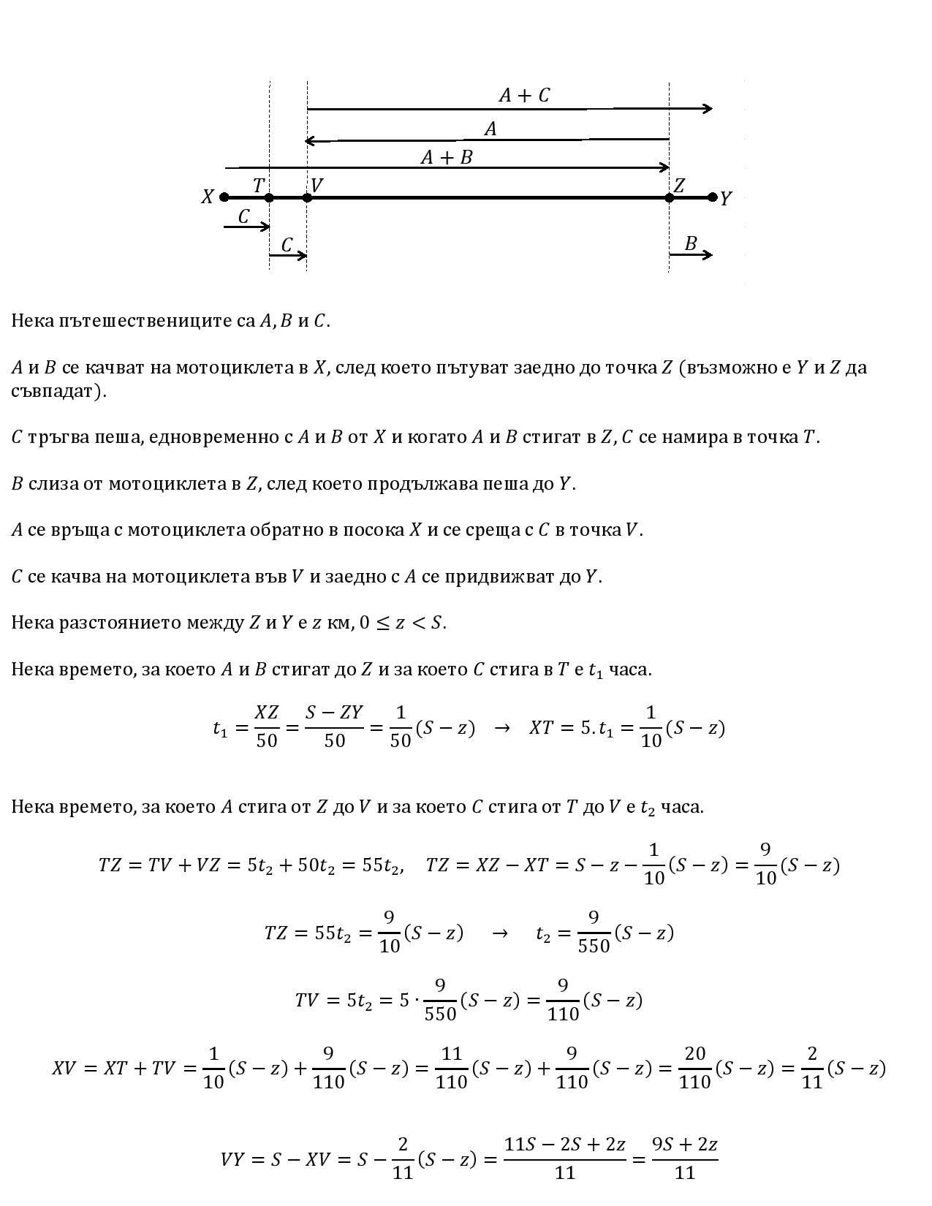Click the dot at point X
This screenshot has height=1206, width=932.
click(x=224, y=197)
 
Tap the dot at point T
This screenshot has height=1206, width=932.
click(x=269, y=197)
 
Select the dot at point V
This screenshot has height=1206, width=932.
click(x=307, y=197)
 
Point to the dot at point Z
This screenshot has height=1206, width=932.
click(x=670, y=197)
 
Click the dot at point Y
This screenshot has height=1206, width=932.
click(x=713, y=197)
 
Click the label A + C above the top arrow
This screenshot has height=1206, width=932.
click(x=524, y=96)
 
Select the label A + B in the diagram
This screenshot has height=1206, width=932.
click(x=447, y=157)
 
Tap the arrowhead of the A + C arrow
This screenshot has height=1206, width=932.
click(x=708, y=109)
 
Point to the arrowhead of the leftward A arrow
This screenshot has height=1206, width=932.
click(x=310, y=140)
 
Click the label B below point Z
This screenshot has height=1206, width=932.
click(x=690, y=243)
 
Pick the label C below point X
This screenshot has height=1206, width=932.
click(x=244, y=217)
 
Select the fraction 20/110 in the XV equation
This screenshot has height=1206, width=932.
click(x=694, y=1068)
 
